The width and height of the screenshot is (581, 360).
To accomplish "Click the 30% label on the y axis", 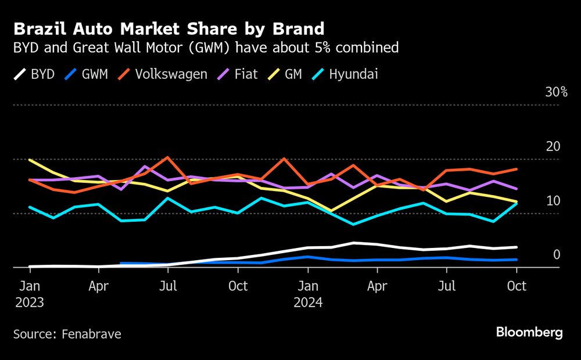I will (556, 92).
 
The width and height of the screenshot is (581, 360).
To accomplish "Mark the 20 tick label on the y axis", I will (553, 146).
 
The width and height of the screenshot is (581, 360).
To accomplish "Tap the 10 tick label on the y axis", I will (553, 201).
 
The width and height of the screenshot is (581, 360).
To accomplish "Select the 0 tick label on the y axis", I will (557, 255).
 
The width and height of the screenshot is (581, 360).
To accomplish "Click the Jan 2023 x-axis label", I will (30, 294).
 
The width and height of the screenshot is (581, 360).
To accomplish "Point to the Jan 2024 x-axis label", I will (308, 294).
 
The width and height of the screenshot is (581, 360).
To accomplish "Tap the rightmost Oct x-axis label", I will (517, 286).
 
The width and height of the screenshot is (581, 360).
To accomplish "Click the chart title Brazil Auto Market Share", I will (169, 28).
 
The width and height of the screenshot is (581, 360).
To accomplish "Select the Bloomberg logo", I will (529, 332).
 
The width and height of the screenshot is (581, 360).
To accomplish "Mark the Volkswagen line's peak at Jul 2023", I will (168, 157).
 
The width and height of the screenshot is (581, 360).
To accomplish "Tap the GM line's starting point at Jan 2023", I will (30, 160).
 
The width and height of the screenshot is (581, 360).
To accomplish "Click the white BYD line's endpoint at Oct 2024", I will (517, 247).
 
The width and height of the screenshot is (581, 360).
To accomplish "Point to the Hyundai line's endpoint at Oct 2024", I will (517, 203).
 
